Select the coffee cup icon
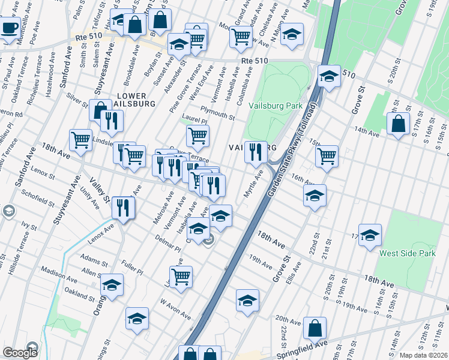[x=10, y=28]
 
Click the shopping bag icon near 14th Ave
[x=398, y=124]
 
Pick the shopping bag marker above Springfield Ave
[x=315, y=328]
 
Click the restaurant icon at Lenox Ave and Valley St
[x=123, y=208]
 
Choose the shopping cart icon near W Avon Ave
[x=181, y=276]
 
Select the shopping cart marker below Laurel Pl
[x=197, y=136]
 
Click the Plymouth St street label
[x=218, y=113]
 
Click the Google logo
[x=20, y=353]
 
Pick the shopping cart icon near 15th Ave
[x=327, y=156]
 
